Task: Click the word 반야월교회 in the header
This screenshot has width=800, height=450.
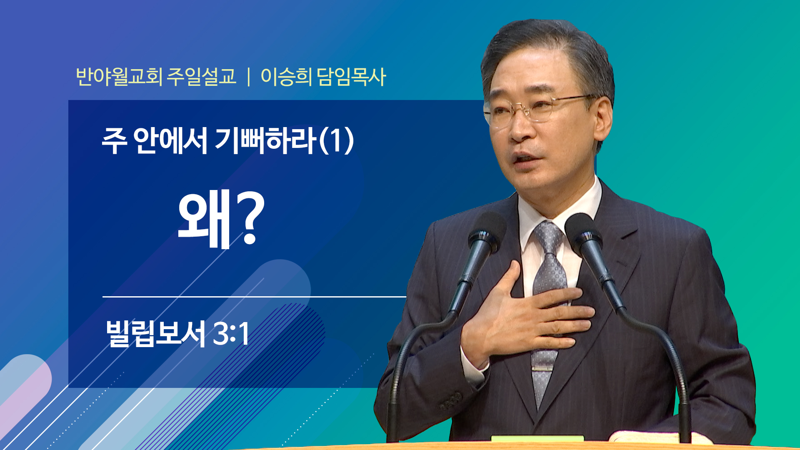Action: pyautogui.click(x=119, y=76)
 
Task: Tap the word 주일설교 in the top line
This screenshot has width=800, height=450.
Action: pyautogui.click(x=201, y=76)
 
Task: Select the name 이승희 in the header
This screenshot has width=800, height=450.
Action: pyautogui.click(x=286, y=76)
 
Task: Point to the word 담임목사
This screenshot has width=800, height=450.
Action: pyautogui.click(x=351, y=76)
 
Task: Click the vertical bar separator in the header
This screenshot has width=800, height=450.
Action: pyautogui.click(x=249, y=77)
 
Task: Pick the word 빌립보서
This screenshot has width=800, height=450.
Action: pyautogui.click(x=155, y=333)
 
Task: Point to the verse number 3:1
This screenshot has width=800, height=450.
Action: pyautogui.click(x=231, y=334)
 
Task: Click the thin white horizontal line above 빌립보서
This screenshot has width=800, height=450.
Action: pyautogui.click(x=254, y=297)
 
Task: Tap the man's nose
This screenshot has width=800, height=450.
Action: pyautogui.click(x=519, y=127)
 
